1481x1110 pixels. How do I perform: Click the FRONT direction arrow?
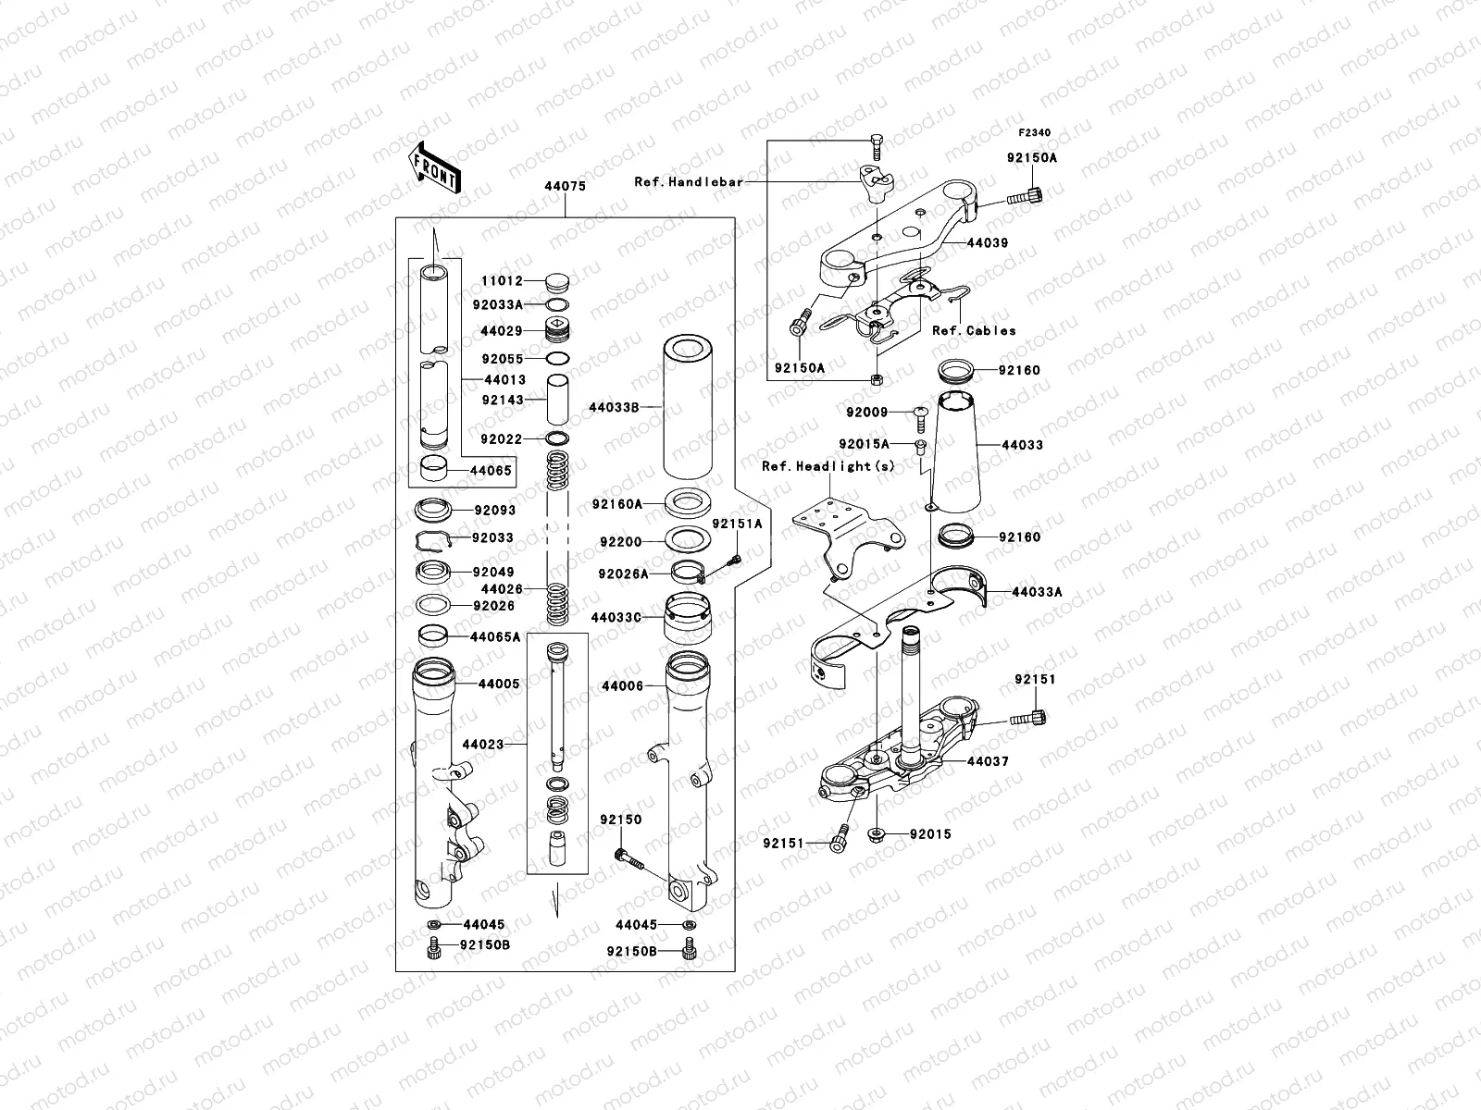point(435,167)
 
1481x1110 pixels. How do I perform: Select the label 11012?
point(502,281)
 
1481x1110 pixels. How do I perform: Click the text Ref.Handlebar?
point(688,182)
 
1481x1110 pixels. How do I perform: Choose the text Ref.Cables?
point(974,330)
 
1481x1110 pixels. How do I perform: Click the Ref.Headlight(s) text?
point(828,466)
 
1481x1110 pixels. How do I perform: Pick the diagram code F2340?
point(1036,133)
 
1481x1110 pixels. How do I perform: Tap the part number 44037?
point(988,761)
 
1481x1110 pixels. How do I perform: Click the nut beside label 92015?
point(877,834)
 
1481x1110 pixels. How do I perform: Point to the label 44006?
point(623,686)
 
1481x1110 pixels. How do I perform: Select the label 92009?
point(866,412)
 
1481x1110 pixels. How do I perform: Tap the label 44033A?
point(1037,592)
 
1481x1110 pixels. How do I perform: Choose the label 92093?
point(494,510)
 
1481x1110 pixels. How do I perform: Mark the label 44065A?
point(495,637)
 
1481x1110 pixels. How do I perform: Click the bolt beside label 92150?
point(624,856)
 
